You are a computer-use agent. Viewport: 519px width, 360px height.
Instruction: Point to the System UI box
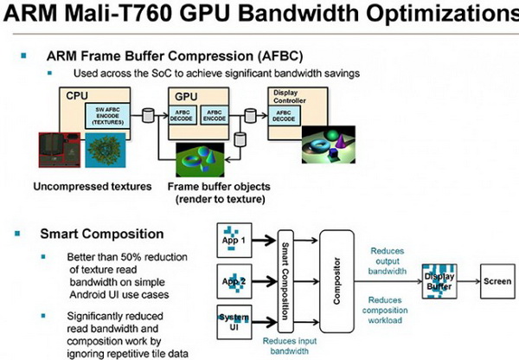(231, 321)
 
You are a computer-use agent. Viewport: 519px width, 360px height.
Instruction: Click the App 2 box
(231, 280)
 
